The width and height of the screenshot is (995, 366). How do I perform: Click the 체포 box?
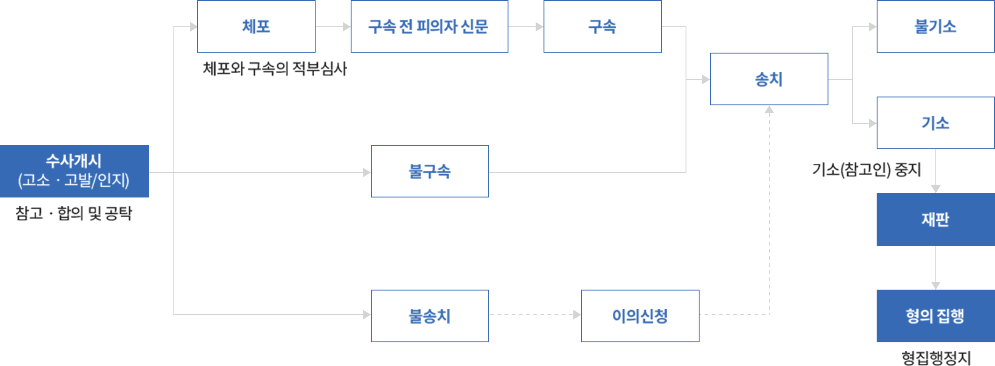256,26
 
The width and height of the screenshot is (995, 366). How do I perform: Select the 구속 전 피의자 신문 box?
429,26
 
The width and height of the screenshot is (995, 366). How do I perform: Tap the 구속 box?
602,26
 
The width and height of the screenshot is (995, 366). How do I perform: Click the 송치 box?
769,79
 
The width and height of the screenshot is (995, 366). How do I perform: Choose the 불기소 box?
935,26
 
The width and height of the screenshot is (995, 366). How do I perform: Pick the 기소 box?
935,123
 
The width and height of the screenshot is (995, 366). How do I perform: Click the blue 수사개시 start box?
74,171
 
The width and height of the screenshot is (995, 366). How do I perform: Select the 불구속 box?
430,171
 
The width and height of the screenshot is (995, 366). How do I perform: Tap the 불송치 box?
430,316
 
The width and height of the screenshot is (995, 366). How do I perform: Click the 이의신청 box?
640,316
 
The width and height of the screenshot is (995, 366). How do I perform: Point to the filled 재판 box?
935,219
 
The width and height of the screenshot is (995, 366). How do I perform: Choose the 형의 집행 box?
935,316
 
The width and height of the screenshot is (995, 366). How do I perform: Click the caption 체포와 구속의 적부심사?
274,69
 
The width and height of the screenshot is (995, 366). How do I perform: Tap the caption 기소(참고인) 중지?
866,170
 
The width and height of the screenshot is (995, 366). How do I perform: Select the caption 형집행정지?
936,358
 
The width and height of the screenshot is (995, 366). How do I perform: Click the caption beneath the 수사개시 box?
74,214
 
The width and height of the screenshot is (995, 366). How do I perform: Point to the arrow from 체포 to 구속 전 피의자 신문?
333,27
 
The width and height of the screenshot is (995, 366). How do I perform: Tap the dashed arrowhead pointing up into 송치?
769,110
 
